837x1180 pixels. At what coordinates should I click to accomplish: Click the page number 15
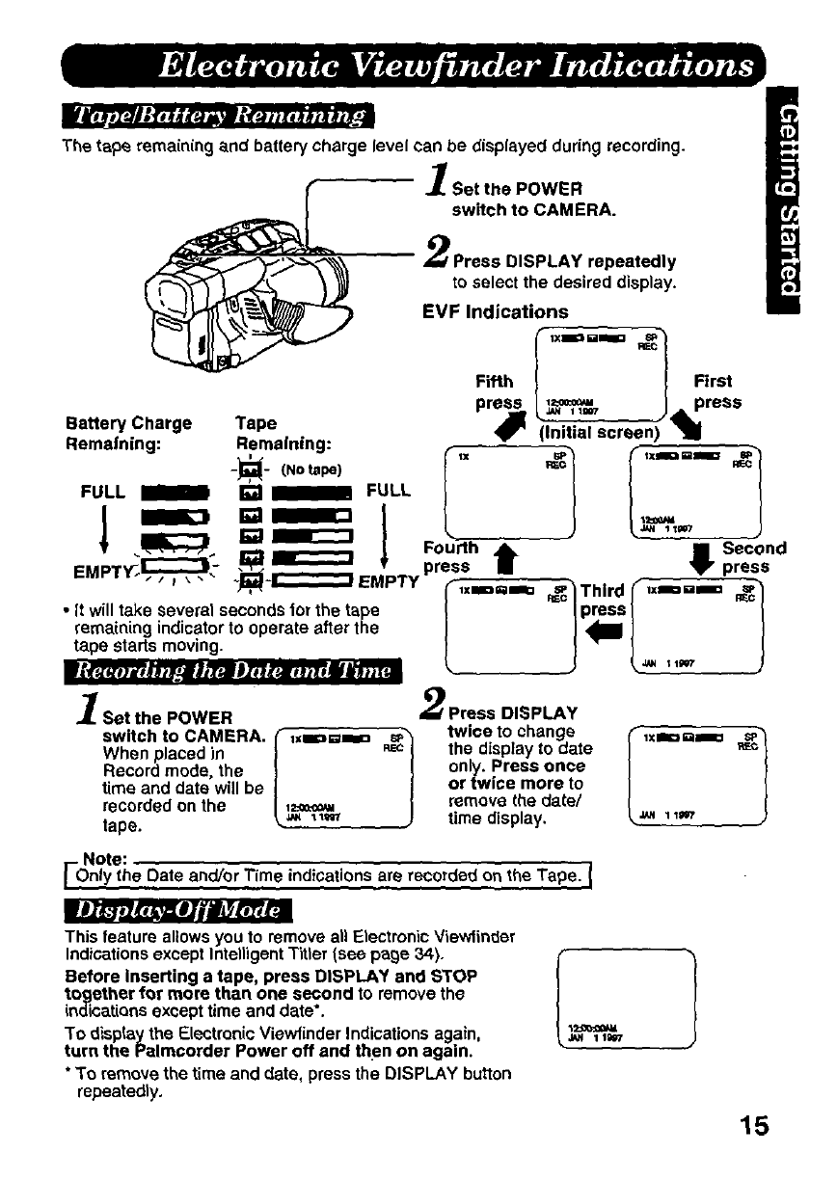(754, 1125)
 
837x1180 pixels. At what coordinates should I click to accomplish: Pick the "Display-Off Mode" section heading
(177, 909)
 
